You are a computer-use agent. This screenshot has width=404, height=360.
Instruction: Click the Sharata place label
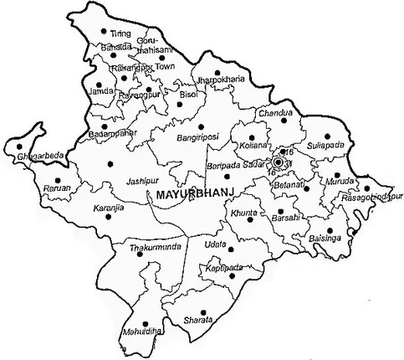(x=202, y=320)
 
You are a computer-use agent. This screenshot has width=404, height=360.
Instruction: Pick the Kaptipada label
(x=226, y=266)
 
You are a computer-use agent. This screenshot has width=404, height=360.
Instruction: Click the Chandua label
(x=277, y=113)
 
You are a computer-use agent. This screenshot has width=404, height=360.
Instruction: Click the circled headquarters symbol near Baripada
(x=278, y=164)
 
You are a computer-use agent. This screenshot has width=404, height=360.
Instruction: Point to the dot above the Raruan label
(x=58, y=179)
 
